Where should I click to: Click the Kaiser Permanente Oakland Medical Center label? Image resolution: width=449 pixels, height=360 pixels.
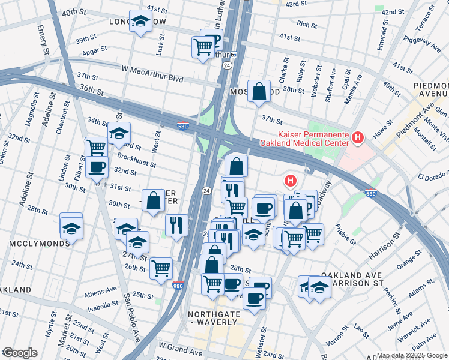pyautogui.click(x=304, y=139)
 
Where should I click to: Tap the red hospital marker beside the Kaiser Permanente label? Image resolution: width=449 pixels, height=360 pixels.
pyautogui.click(x=358, y=139)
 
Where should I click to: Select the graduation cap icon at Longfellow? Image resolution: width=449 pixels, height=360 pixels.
pyautogui.click(x=140, y=23)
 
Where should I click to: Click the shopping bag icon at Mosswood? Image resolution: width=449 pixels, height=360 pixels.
pyautogui.click(x=259, y=92)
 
